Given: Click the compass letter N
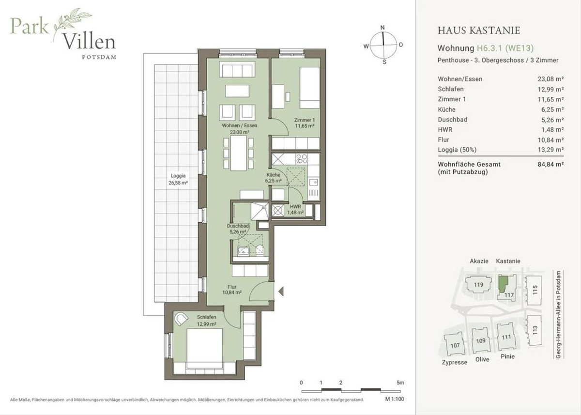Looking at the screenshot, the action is [382, 28].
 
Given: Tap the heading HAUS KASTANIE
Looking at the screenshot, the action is [479, 31].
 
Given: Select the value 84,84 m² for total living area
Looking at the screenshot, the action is [550, 164].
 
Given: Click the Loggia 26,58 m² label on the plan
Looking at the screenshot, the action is [178, 179].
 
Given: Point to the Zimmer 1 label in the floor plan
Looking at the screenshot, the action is [305, 120].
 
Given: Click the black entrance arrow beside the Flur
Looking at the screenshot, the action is [281, 292].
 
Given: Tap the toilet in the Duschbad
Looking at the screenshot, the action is [260, 250].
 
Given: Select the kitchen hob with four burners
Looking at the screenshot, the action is [301, 159].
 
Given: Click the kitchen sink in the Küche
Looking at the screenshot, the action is [314, 182].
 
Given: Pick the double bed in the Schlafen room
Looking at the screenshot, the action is [205, 348].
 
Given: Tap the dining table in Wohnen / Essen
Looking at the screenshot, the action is [238, 154].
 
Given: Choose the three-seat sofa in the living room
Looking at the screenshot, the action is [237, 69].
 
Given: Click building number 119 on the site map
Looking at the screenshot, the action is [478, 285].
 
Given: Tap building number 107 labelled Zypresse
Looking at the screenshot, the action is [455, 345].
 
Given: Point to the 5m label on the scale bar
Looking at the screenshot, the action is [400, 383].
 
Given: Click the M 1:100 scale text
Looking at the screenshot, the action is [395, 399].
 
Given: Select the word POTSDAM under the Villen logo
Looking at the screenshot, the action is [99, 57].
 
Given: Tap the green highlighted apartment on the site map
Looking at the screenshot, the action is [503, 285].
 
